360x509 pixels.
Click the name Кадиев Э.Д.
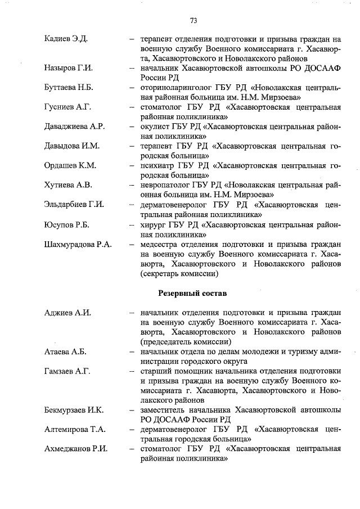[x=67, y=39]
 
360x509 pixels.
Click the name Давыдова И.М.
[x=71, y=146]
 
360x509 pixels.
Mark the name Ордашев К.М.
[x=70, y=165]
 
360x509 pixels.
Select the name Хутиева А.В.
[x=67, y=185]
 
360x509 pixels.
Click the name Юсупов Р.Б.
[x=67, y=224]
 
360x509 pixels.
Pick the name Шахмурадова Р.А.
[x=78, y=244]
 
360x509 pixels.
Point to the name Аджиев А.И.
[x=67, y=313]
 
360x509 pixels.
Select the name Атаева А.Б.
[x=65, y=352]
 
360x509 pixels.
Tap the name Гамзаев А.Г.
[x=67, y=371]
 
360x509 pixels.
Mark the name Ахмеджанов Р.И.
[x=76, y=449]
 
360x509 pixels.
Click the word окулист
[x=154, y=127]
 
